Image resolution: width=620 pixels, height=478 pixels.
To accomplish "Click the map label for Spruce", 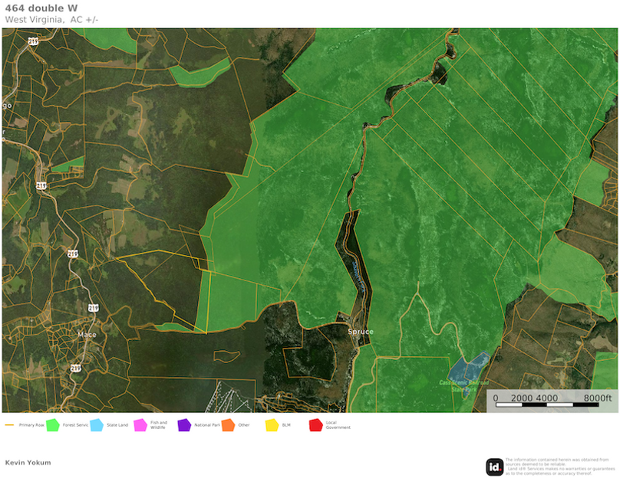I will point(360,332).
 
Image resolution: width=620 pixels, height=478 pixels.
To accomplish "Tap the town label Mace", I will point(87,335).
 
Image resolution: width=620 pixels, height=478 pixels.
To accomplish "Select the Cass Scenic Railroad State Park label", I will point(463,385).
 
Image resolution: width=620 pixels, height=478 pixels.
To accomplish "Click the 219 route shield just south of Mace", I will point(75,368).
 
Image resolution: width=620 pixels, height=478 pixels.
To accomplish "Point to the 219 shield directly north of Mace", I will point(93,308).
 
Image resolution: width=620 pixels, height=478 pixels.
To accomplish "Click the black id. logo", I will point(495,467).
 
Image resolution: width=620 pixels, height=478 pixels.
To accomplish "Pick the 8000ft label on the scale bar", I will point(598,398).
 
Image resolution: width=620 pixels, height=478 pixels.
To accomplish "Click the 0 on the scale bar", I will point(496,398).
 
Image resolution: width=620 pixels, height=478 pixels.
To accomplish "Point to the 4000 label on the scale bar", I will point(546,398).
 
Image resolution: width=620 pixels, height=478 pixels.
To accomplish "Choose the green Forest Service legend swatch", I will point(53,425).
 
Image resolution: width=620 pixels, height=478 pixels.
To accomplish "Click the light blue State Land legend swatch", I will point(96,425).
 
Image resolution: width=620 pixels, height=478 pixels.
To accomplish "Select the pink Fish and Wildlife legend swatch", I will point(140,425).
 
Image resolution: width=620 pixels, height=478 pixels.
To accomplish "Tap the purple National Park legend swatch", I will point(184,425).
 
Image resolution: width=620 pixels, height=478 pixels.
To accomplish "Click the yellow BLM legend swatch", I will point(272,425).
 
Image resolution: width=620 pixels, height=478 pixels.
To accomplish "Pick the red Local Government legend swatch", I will point(315,425).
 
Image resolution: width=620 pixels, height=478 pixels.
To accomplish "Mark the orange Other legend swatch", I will point(228,425).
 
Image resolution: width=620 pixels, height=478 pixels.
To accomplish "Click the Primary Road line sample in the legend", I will point(10,424).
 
